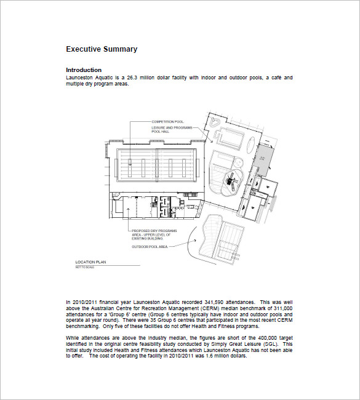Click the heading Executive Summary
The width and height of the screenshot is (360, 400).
tap(102, 49)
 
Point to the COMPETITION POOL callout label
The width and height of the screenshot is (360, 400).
tap(168, 122)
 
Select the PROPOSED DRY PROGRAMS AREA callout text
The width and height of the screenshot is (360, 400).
tap(151, 234)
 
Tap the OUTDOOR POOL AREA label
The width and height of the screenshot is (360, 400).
tap(150, 247)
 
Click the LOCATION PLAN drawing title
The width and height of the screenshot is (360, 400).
tap(90, 262)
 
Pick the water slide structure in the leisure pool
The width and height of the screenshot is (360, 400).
tap(232, 180)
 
